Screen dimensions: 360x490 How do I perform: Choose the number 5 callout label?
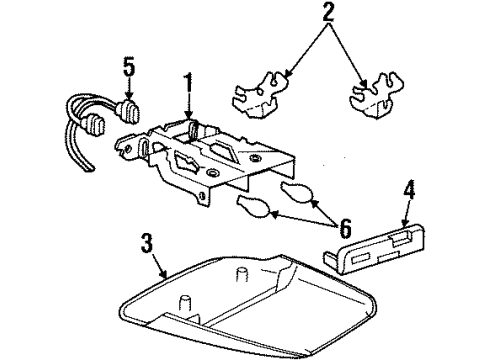click(x=127, y=69)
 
